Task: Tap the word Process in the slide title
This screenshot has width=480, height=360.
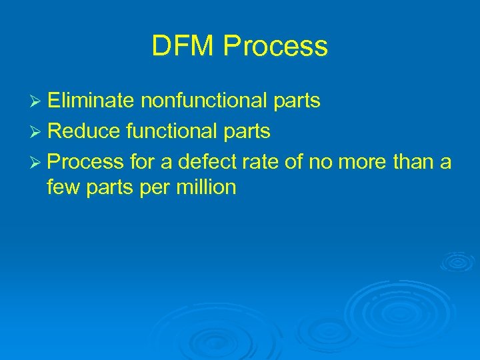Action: (x=276, y=47)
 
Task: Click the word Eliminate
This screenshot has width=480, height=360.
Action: (x=90, y=101)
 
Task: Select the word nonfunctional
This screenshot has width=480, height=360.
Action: (x=202, y=101)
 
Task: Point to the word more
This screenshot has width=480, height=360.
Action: (x=353, y=163)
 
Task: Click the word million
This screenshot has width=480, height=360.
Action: (x=206, y=188)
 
